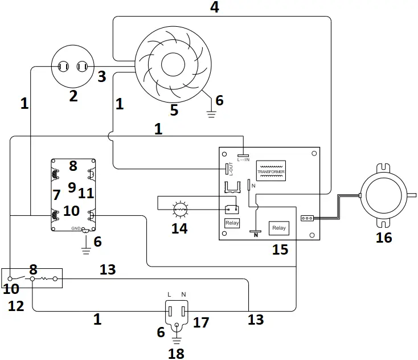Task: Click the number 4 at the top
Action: click(x=214, y=7)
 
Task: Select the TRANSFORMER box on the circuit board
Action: click(x=271, y=171)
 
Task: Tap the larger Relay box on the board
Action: click(x=279, y=228)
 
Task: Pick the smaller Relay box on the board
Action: click(x=232, y=223)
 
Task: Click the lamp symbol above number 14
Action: click(x=180, y=209)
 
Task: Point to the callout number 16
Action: click(x=384, y=238)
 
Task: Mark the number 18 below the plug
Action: click(x=177, y=353)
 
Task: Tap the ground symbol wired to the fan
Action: click(x=212, y=113)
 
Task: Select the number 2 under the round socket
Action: click(x=73, y=96)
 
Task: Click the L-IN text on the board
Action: click(x=243, y=159)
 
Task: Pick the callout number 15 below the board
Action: click(x=280, y=249)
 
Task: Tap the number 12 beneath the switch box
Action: click(x=16, y=306)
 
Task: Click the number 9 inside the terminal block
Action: click(x=72, y=186)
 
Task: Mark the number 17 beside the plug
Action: click(x=200, y=323)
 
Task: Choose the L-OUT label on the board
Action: click(x=232, y=169)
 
